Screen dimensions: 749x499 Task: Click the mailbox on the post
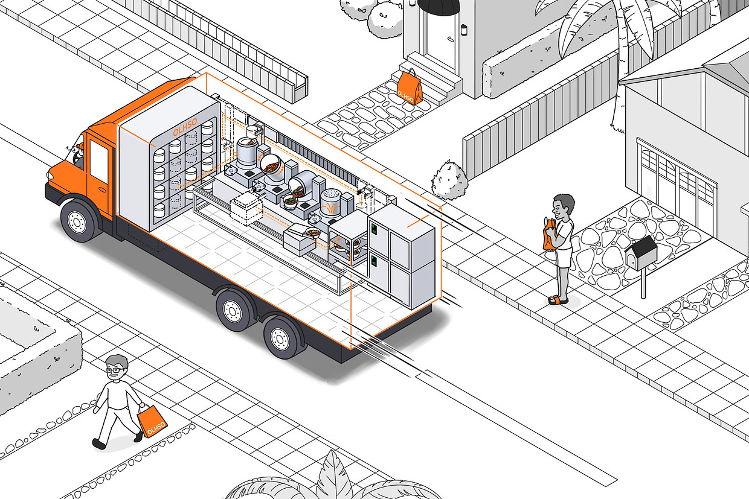point(641,252)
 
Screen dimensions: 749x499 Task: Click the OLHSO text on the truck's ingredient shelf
point(185,127)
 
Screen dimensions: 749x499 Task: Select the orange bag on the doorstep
point(410,87)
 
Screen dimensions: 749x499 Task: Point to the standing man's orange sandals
point(558,300)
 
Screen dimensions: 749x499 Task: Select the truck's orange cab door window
point(99,161)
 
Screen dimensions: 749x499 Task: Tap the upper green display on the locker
point(374,229)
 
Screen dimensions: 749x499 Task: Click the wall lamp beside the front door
point(464,30)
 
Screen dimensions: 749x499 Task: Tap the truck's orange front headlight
point(51,175)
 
